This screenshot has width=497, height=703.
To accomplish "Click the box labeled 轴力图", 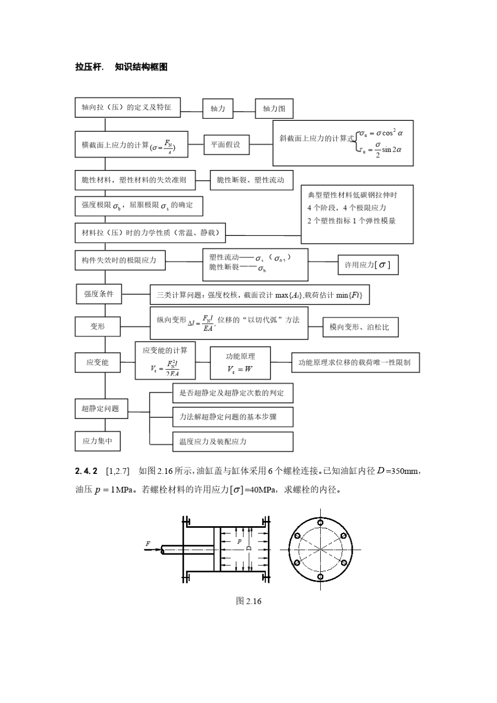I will pos(274,109).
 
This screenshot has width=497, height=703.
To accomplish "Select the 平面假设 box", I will pos(226,145).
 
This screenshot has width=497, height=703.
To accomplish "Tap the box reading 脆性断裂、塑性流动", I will pos(251,180).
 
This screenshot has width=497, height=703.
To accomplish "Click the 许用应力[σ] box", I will pos(368,265).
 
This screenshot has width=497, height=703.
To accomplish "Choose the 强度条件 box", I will pos(99,294).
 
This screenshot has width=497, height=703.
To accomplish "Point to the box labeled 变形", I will pos(97,326).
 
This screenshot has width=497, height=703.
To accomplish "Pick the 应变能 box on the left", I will pos(97,362).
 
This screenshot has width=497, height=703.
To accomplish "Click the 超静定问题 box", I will pos(100,409).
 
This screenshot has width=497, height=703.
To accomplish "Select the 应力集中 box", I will pos(97,441).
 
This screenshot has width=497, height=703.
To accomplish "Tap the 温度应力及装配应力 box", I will pos(232,441).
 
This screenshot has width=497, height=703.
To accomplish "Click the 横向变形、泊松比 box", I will pos(360,327).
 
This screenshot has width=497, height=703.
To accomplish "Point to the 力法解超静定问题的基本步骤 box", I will pos(232,417).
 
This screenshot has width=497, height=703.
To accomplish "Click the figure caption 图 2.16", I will pos(249,601).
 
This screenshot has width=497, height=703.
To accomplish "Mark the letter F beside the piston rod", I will pos(148,544).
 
